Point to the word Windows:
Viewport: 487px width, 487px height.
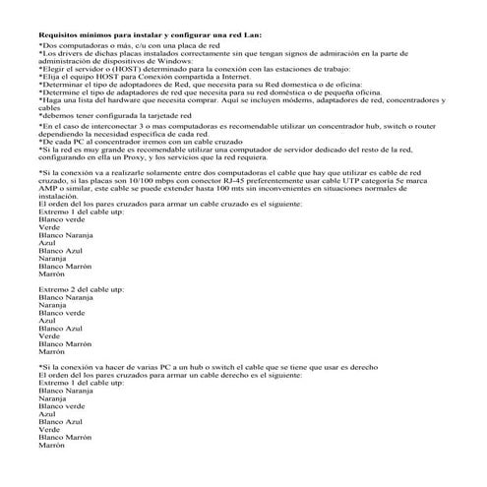tap(181, 64)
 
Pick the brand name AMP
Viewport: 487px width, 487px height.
tap(49, 189)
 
